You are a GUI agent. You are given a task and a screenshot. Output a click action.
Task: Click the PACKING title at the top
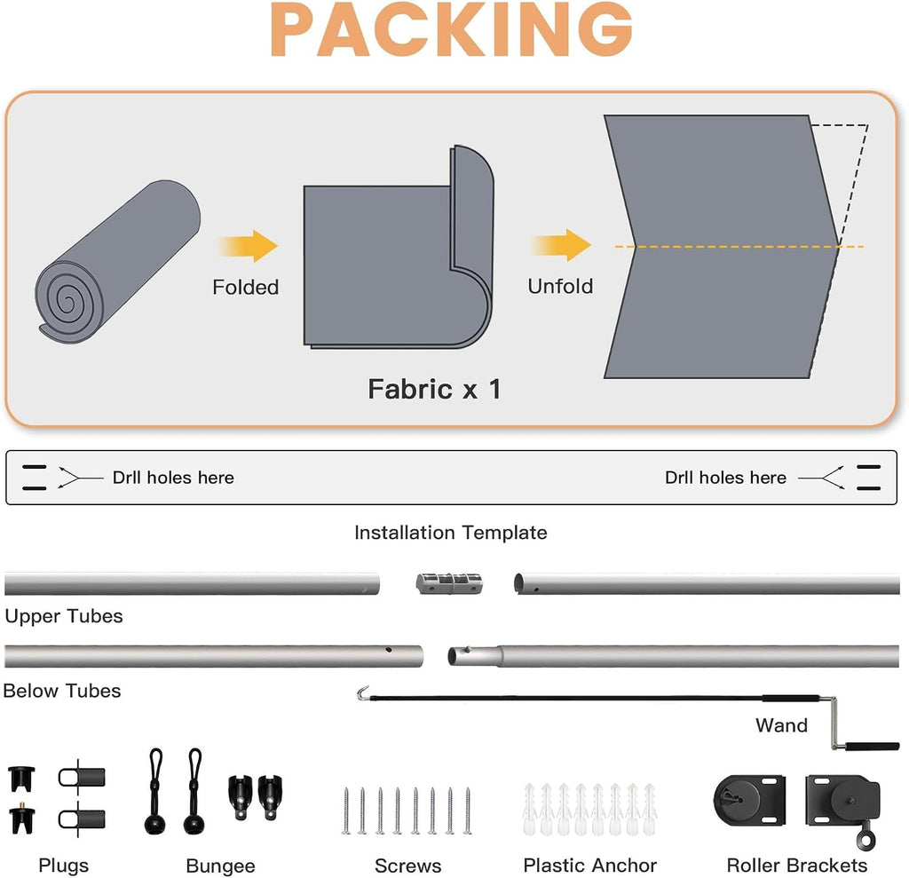(x=451, y=30)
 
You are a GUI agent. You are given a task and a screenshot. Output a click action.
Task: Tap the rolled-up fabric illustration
(x=118, y=262)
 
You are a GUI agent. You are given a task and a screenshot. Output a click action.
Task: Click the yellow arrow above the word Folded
(x=249, y=246)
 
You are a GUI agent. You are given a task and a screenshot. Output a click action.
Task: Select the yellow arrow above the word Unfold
(x=561, y=245)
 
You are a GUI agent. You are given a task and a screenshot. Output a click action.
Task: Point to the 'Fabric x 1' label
(x=434, y=389)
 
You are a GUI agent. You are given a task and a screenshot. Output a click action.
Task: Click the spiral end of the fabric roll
(x=68, y=303)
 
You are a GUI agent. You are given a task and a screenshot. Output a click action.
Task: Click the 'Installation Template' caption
(x=451, y=533)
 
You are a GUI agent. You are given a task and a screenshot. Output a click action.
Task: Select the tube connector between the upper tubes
(x=449, y=583)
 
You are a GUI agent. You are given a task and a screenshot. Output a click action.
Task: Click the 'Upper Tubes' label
(x=64, y=616)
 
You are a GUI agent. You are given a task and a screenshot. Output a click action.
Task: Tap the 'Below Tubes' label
(x=62, y=691)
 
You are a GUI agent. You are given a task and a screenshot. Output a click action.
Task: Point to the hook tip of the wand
(x=363, y=693)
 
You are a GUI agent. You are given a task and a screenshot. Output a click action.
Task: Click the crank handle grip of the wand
(x=872, y=747)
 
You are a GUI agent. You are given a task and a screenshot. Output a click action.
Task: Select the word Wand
(x=781, y=725)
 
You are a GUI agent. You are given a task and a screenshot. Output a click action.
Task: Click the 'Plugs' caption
(x=64, y=866)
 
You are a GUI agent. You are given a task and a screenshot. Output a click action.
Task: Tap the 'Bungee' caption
(x=221, y=866)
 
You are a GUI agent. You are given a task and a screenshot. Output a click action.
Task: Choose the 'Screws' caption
(x=408, y=866)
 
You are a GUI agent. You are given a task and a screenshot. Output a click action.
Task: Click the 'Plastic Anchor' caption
(x=590, y=866)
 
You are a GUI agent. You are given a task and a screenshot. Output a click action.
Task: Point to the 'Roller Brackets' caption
(x=797, y=866)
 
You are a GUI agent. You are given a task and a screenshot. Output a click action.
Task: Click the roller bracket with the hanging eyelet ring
(x=843, y=806)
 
